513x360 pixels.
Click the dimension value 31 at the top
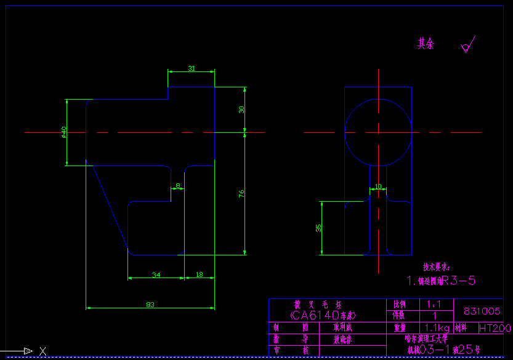[x=192, y=68]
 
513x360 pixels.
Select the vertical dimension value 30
[x=242, y=110]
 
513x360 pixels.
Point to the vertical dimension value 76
[x=242, y=193]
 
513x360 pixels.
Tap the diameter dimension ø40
[x=63, y=132]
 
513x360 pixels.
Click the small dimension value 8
[x=178, y=185]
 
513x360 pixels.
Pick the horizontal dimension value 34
[x=156, y=275]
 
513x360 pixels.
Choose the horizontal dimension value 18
[x=199, y=275]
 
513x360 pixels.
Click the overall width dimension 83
[x=150, y=304]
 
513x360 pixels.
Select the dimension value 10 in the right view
[x=378, y=186]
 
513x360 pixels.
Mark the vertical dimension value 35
[x=318, y=228]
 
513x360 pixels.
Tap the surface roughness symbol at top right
[x=467, y=46]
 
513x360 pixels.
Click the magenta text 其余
[x=426, y=44]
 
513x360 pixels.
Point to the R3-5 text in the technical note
[x=459, y=281]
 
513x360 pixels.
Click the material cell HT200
[x=495, y=328]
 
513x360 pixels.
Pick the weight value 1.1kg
[x=435, y=327]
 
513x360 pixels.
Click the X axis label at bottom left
[x=42, y=351]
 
